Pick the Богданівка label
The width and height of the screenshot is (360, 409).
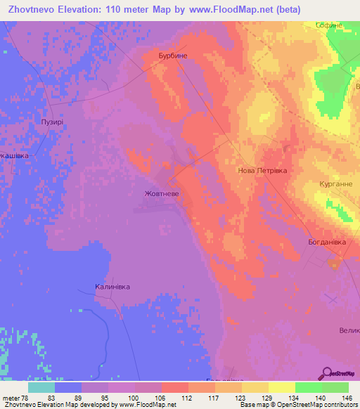[328, 242]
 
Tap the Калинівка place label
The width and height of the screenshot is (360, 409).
[113, 287]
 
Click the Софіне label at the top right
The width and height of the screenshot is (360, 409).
[328, 25]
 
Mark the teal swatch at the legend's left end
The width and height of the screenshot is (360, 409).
[41, 387]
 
